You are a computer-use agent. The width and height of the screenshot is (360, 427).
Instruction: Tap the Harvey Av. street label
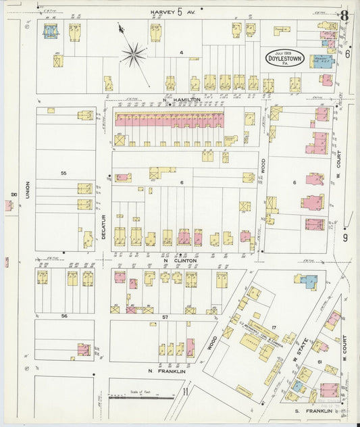coord(172,11)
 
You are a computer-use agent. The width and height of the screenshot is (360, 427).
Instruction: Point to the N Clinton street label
coord(180,260)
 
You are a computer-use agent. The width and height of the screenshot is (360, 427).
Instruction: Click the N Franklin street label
coord(166,371)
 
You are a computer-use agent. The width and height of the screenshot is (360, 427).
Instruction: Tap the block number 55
coord(63,174)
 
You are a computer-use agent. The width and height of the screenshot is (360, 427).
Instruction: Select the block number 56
coord(64,316)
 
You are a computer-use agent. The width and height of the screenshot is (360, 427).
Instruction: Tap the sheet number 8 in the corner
coord(344,16)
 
